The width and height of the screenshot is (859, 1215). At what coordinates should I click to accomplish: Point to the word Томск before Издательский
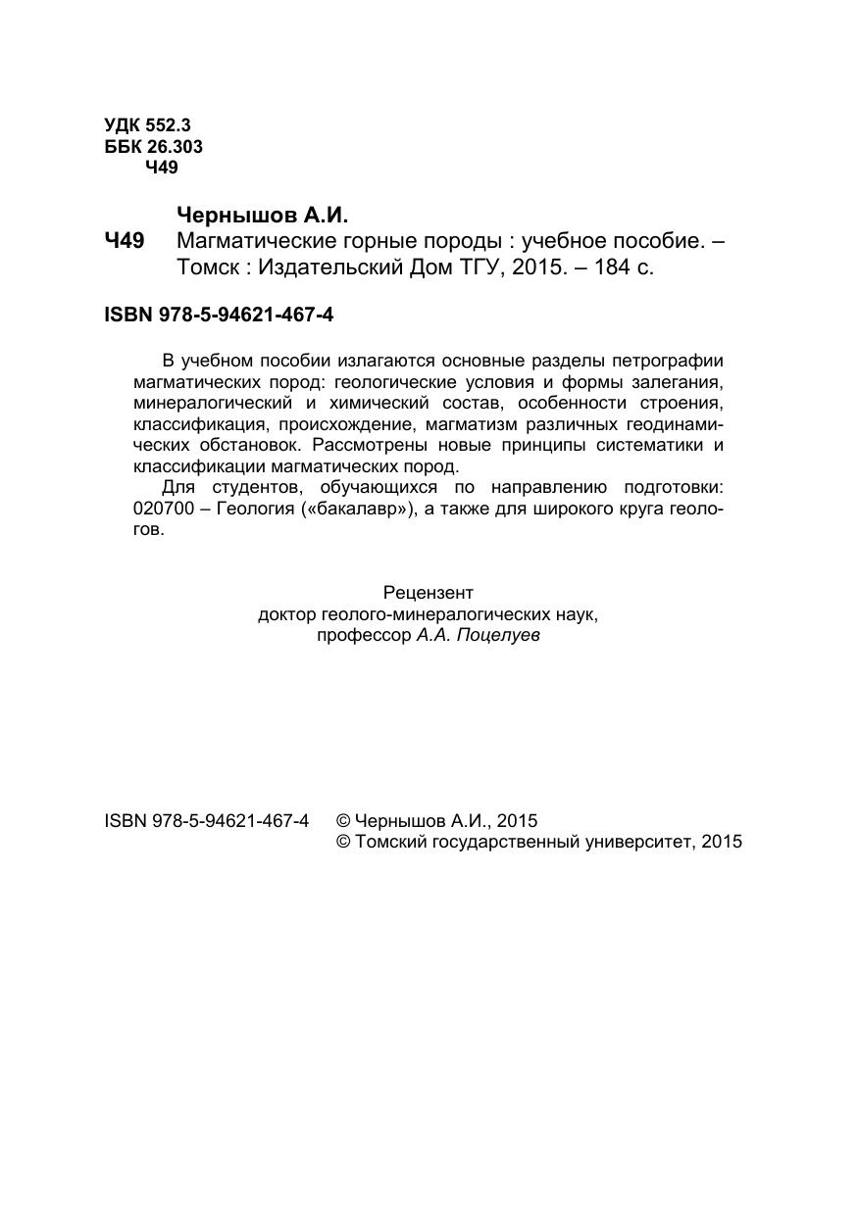click(206, 267)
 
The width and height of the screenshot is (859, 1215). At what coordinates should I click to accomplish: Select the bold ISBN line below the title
click(219, 316)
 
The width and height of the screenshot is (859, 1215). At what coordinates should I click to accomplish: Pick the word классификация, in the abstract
click(200, 425)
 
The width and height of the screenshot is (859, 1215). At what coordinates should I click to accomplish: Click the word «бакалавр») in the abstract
click(361, 510)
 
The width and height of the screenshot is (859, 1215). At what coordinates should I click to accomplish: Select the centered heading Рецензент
click(429, 593)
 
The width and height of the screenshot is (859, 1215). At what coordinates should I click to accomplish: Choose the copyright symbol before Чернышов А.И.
click(343, 822)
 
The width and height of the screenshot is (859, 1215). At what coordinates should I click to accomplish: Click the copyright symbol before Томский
click(343, 843)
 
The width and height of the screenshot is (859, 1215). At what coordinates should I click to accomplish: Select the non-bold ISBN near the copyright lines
click(206, 822)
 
